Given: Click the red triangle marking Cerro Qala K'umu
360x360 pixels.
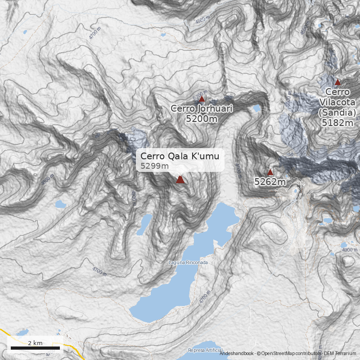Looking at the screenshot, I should pyautogui.click(x=180, y=180).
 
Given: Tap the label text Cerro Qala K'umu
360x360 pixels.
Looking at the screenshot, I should pyautogui.click(x=180, y=156).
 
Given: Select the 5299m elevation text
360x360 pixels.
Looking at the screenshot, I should pyautogui.click(x=154, y=166).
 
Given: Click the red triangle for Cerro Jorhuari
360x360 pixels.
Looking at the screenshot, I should pyautogui.click(x=202, y=99).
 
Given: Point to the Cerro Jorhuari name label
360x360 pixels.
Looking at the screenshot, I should pyautogui.click(x=202, y=108).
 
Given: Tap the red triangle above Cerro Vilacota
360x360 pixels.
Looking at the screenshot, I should pyautogui.click(x=337, y=82).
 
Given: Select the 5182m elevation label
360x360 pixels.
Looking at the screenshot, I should pyautogui.click(x=337, y=122).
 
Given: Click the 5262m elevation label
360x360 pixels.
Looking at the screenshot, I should pyautogui.click(x=270, y=182).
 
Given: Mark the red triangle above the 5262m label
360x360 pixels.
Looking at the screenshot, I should pyautogui.click(x=270, y=172).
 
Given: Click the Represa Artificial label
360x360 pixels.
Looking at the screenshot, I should pyautogui.click(x=205, y=350).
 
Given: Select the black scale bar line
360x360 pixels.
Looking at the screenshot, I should pyautogui.click(x=35, y=348).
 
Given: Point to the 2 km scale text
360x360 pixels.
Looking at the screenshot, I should pyautogui.click(x=35, y=343).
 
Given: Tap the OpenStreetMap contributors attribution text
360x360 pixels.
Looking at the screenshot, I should pyautogui.click(x=288, y=354).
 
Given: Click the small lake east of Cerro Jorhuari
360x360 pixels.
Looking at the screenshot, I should pyautogui.click(x=256, y=108).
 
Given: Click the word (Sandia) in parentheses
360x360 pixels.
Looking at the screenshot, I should pyautogui.click(x=337, y=112).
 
